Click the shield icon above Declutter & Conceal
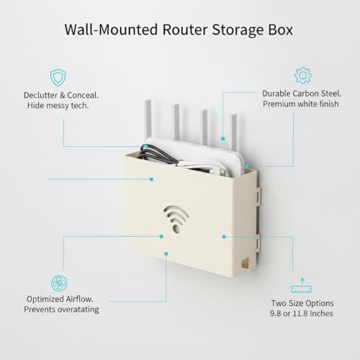point(58,78)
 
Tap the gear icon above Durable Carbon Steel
point(303,76)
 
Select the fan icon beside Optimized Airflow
point(59,283)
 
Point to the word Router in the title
point(185,30)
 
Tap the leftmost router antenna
point(148,120)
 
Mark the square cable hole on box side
point(246,263)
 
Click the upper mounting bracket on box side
point(258,197)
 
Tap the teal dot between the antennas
point(223,139)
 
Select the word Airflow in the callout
point(79,299)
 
